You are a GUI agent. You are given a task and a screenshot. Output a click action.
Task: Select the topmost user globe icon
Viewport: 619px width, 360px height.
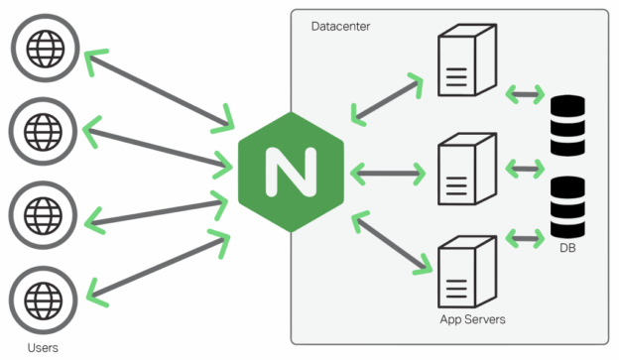click(x=42, y=46)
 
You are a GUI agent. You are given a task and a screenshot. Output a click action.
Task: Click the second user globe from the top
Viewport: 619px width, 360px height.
click(x=42, y=129)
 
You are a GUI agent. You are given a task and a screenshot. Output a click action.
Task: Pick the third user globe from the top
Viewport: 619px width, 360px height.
click(x=42, y=212)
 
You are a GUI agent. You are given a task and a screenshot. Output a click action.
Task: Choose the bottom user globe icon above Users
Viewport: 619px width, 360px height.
click(x=42, y=297)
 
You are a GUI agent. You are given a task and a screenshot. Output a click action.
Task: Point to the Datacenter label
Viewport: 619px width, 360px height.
click(x=340, y=26)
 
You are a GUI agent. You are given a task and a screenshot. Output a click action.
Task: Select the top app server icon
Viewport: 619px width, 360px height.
click(x=466, y=61)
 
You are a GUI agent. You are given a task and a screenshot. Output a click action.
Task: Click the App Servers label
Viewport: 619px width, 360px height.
click(x=473, y=320)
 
